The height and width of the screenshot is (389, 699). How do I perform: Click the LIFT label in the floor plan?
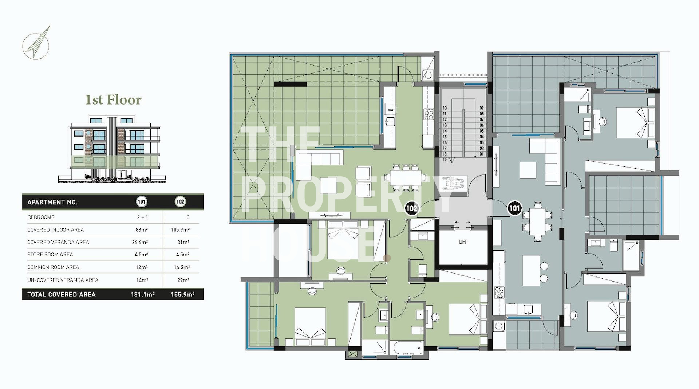click(x=463, y=242)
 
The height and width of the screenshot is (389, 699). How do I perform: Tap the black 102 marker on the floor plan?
click(x=411, y=208)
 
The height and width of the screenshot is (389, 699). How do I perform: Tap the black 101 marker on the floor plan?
click(x=514, y=208)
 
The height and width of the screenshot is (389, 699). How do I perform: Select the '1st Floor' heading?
click(x=113, y=100)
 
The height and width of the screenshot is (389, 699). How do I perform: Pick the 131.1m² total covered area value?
click(x=143, y=295)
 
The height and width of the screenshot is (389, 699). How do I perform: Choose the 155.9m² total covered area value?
click(x=182, y=295)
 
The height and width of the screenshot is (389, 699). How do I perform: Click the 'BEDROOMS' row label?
click(x=41, y=217)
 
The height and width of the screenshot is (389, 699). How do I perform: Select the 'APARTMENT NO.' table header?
click(x=52, y=202)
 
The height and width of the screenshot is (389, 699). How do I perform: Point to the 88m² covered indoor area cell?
click(x=142, y=230)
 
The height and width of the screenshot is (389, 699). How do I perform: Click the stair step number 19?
click(x=445, y=160)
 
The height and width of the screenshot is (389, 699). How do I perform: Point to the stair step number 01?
click(x=482, y=154)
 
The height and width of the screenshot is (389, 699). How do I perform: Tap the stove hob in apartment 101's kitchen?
click(x=499, y=292)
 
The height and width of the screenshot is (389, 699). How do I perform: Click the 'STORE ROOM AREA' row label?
click(x=50, y=255)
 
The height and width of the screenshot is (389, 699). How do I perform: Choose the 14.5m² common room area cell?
click(x=182, y=267)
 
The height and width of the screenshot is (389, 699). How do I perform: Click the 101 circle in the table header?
click(x=141, y=202)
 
